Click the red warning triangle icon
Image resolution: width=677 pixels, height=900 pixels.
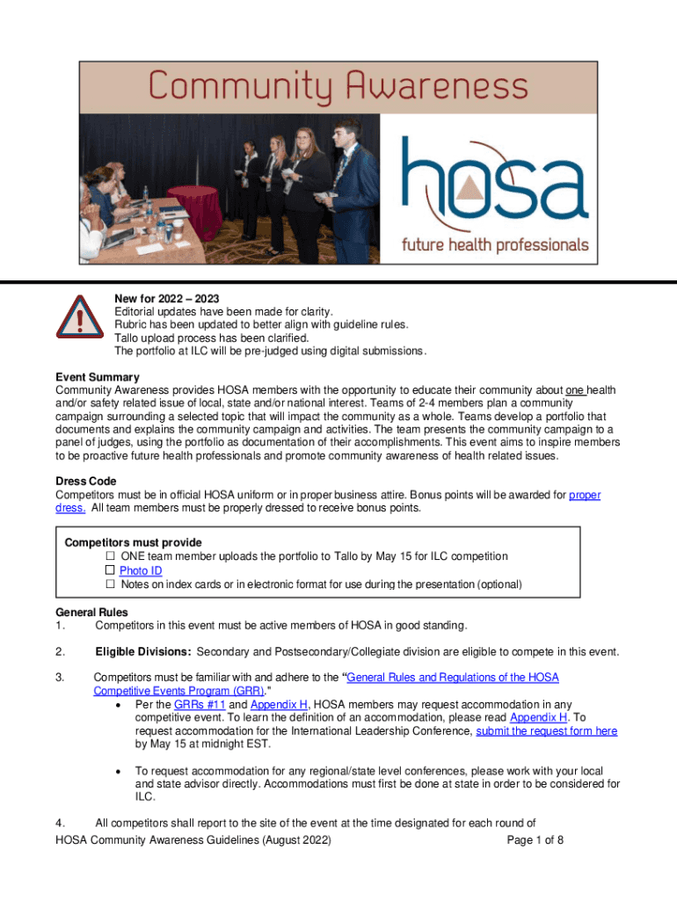(77, 321)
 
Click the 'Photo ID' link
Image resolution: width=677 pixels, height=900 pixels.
(141, 570)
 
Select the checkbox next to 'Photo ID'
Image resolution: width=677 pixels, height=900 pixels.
(111, 570)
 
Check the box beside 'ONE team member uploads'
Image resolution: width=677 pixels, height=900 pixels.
(111, 556)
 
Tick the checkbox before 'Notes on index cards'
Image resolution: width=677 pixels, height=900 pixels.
(111, 584)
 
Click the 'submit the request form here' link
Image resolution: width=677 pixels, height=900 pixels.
(546, 730)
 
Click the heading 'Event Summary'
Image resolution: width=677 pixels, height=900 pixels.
(97, 377)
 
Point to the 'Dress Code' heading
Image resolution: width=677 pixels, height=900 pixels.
(85, 482)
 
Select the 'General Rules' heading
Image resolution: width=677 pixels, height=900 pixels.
(91, 612)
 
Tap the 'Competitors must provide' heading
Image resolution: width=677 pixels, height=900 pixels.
(133, 542)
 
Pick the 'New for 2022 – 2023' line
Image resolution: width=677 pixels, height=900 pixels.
(167, 299)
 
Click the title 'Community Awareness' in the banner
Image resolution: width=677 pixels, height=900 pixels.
(338, 86)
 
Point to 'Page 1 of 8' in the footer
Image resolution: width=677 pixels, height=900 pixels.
(535, 839)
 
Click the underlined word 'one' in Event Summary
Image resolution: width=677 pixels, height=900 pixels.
(574, 390)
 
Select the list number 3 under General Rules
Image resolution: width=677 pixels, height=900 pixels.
(60, 678)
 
